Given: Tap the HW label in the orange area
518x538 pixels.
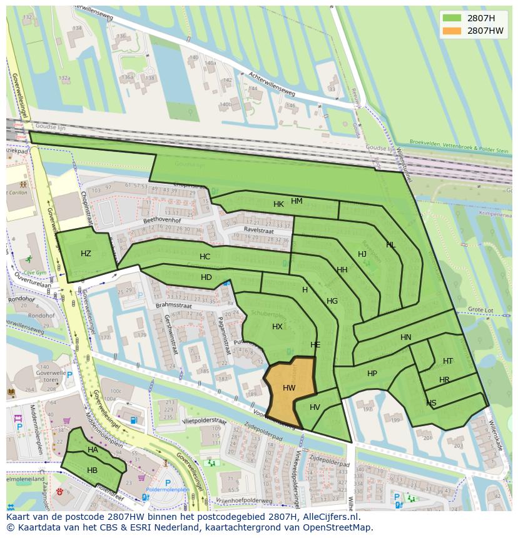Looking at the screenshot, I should pyautogui.click(x=289, y=388).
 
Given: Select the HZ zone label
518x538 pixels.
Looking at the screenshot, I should pyautogui.click(x=86, y=253).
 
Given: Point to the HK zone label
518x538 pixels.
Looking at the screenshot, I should pyautogui.click(x=278, y=204).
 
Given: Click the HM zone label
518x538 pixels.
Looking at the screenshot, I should pyautogui.click(x=297, y=201).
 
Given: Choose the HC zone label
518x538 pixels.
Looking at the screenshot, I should pyautogui.click(x=205, y=257).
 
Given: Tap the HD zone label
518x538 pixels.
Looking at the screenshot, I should pyautogui.click(x=206, y=277).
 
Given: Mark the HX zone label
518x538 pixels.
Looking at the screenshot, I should pyautogui.click(x=277, y=327).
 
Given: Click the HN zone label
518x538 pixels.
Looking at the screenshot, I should pyautogui.click(x=406, y=337).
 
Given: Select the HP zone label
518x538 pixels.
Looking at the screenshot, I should pyautogui.click(x=372, y=374).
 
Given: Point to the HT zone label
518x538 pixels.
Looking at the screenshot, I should pyautogui.click(x=448, y=361).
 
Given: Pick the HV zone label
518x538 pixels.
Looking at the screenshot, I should pyautogui.click(x=315, y=407).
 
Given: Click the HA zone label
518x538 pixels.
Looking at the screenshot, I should pyautogui.click(x=93, y=450).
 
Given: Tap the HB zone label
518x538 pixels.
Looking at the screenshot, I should pyautogui.click(x=92, y=471).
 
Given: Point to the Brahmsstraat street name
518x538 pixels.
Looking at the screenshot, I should pyautogui.click(x=173, y=306).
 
